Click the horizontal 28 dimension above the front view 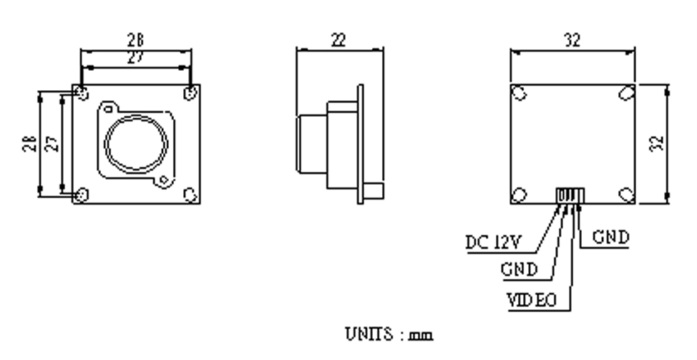[x=135, y=41]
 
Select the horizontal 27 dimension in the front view [x=135, y=57]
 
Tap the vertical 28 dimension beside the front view [x=30, y=144]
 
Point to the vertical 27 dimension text [x=52, y=144]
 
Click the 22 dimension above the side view [x=338, y=41]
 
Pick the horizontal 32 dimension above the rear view [x=572, y=41]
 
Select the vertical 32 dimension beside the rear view [x=657, y=144]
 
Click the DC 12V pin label [x=494, y=243]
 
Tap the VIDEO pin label [x=532, y=301]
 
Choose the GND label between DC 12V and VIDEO [x=519, y=270]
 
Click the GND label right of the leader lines [x=611, y=238]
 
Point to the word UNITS [x=369, y=334]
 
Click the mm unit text [x=421, y=336]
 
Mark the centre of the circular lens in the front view [x=136, y=144]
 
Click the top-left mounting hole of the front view [x=82, y=94]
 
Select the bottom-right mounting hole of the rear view [x=627, y=195]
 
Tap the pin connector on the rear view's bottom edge [x=570, y=196]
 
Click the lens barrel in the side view [x=312, y=144]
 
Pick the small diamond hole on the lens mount [x=164, y=180]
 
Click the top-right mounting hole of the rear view [x=627, y=93]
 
